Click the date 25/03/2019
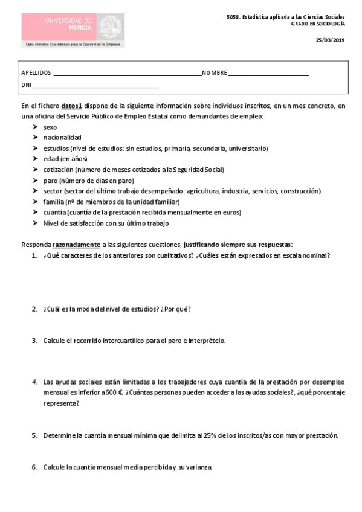tap(330, 40)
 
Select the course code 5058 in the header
tap(232, 17)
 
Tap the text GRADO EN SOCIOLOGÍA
tap(318, 24)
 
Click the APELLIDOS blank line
tap(128, 73)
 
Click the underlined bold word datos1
tap(71, 105)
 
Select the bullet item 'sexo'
tap(50, 127)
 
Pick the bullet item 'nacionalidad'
tap(62, 138)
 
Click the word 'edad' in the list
tap(51, 159)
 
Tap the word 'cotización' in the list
tap(59, 170)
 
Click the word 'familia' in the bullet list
tap(54, 202)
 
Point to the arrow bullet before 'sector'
tap(35, 191)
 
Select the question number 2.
tap(34, 309)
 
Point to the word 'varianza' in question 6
tap(197, 467)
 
